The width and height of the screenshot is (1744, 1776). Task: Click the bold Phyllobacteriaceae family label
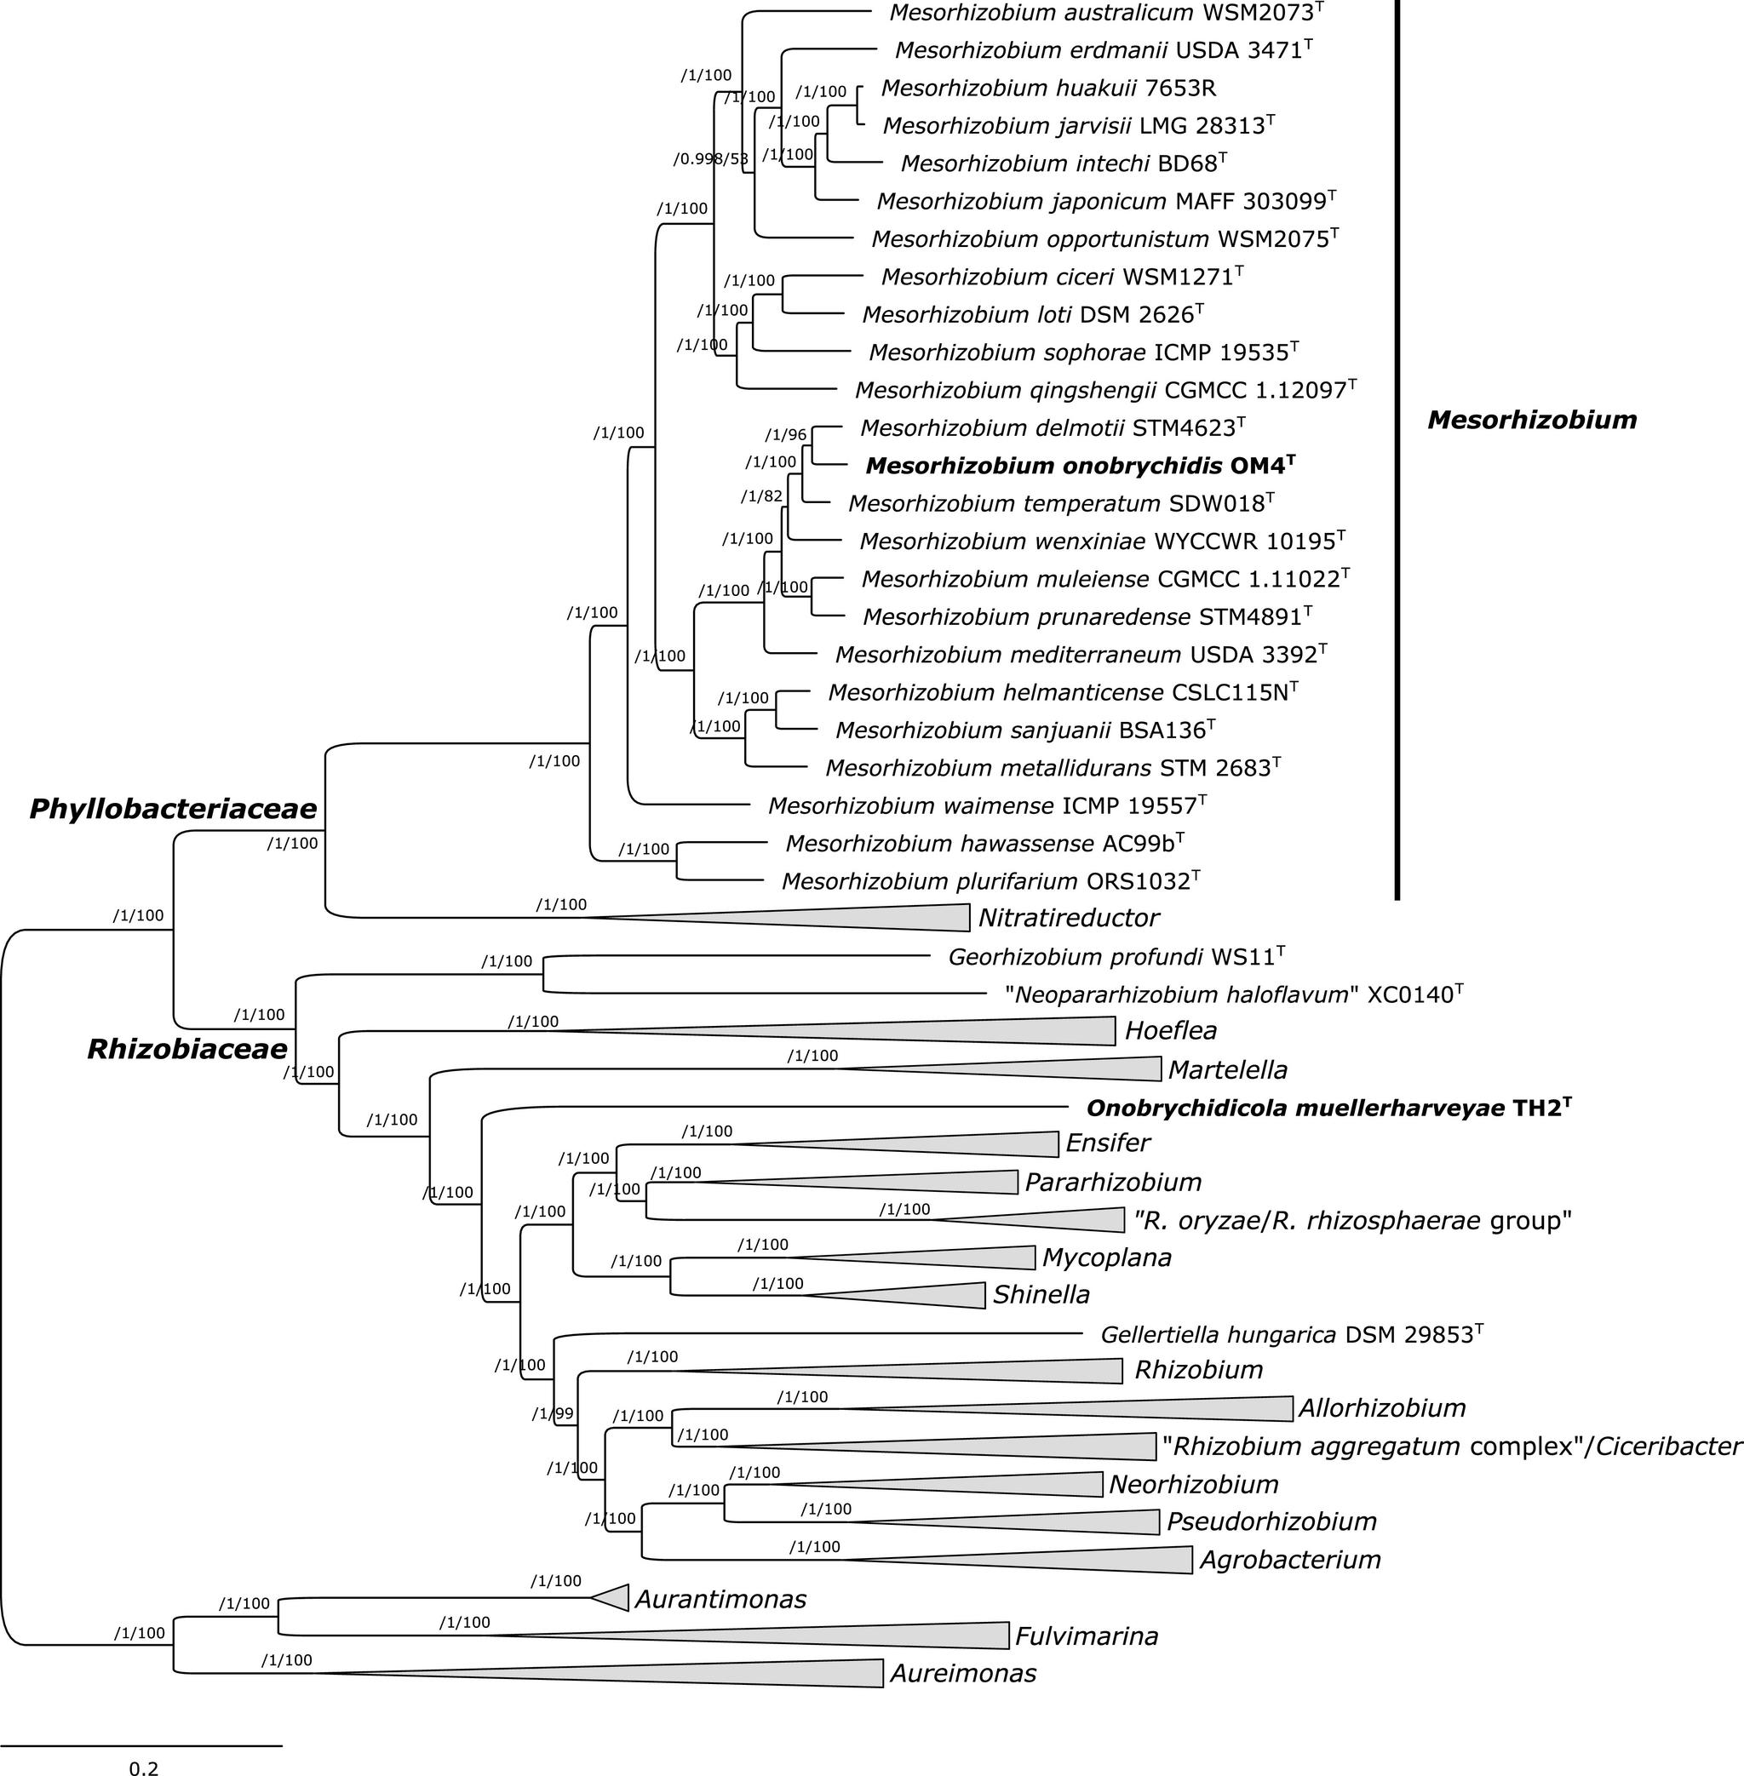coord(173,809)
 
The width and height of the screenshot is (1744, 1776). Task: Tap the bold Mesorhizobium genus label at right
coord(1531,420)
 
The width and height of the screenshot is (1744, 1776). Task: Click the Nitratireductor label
coord(1068,918)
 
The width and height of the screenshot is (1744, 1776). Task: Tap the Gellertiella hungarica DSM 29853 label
coord(1292,1334)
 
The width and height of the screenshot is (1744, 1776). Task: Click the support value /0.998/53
coord(711,158)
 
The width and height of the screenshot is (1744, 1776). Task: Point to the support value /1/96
coord(786,435)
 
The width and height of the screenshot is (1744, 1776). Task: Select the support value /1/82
coord(762,496)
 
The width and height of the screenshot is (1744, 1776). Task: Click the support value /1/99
coord(553,1413)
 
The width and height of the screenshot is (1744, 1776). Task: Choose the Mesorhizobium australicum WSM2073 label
coord(1106,13)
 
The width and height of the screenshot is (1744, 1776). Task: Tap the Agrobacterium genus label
coord(1289,1560)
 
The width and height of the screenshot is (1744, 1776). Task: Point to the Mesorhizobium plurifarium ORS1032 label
coord(990,881)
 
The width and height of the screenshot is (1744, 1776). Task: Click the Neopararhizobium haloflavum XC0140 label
coord(1235,994)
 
